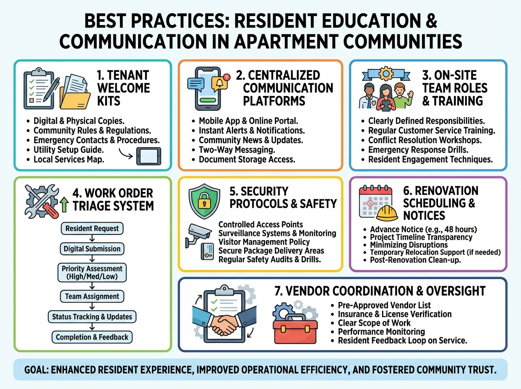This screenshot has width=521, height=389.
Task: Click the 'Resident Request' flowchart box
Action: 92,228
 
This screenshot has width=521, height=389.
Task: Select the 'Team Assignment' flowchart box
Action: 92,297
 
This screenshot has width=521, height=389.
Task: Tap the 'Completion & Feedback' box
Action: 92,337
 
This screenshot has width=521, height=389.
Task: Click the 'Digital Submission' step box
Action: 92,249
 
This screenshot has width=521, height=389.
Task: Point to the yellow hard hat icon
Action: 387,213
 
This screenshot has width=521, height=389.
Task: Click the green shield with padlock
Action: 203,203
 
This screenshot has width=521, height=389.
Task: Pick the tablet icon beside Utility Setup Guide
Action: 148,155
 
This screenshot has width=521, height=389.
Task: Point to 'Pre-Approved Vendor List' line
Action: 384,305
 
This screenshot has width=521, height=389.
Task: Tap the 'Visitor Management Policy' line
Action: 264,242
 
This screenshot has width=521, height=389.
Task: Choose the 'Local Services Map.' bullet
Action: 69,159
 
